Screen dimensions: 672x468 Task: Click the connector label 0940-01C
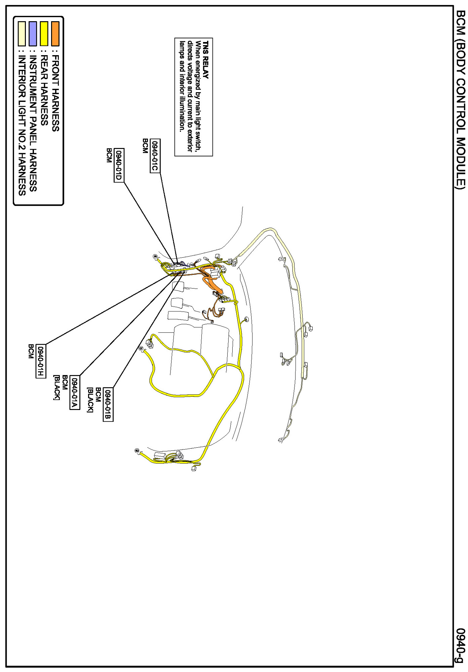pos(155,156)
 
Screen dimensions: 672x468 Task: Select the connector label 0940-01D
pos(119,165)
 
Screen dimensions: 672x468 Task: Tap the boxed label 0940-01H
pos(41,362)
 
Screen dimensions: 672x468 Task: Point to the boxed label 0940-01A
pos(75,393)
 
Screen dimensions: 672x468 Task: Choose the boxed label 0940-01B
pos(108,404)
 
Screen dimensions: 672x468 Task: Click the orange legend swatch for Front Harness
pos(55,34)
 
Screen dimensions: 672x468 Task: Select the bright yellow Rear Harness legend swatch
pos(44,34)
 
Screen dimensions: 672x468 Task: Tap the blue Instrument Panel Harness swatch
pos(33,34)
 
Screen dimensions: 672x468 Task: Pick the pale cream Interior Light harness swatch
pos(22,34)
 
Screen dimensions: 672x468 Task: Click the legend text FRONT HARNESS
pos(55,94)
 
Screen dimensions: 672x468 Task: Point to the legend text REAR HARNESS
pos(44,90)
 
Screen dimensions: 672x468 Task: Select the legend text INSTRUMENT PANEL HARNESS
pos(33,123)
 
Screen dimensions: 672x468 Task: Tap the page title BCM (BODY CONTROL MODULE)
pos(460,100)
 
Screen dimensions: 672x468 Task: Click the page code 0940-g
pos(460,645)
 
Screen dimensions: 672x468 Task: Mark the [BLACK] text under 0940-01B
pos(90,400)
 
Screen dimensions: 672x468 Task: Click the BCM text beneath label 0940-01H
pos(31,351)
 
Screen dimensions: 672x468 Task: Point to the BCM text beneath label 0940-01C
pos(145,146)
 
